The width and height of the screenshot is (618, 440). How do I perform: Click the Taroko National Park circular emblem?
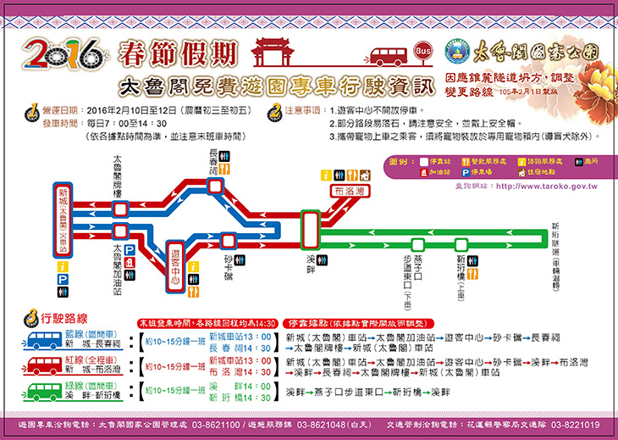point(455,49)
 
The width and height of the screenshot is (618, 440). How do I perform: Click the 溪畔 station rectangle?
point(310,227)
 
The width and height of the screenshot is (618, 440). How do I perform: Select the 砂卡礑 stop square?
point(229,241)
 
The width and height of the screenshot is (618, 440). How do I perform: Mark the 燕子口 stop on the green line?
point(417,243)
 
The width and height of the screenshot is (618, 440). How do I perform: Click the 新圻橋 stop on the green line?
point(461,243)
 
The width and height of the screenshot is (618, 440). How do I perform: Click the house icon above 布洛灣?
point(364,175)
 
